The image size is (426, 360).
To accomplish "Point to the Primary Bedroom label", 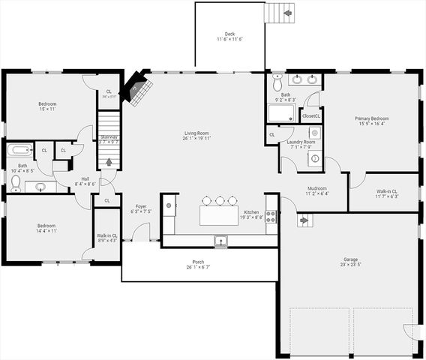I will (371, 121).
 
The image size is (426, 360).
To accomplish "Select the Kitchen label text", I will (251, 213).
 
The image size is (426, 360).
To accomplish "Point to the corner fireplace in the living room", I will (137, 86).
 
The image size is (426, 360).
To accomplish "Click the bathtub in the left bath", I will (19, 149).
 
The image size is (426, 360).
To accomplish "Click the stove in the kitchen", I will (270, 217).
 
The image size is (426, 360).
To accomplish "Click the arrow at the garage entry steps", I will (304, 220).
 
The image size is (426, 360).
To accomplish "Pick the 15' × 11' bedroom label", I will (47, 106).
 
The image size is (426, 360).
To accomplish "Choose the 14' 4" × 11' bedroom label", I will (47, 227).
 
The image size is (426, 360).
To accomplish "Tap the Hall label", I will (85, 181).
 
